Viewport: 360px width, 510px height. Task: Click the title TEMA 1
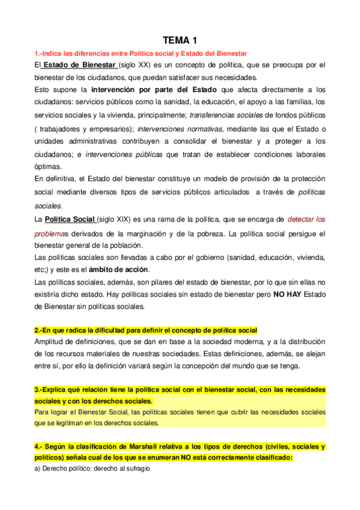click(180, 41)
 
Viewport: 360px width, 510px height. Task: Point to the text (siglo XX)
click(136, 65)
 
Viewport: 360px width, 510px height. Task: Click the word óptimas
click(48, 167)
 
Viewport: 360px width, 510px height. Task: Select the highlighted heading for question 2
click(145, 330)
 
